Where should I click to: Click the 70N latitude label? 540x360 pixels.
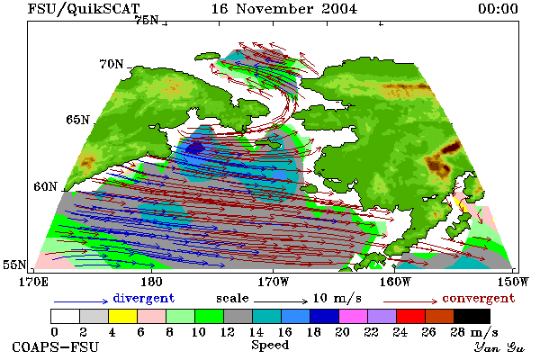(112, 64)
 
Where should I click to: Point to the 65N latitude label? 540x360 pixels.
(77, 120)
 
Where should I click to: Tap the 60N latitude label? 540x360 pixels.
(45, 186)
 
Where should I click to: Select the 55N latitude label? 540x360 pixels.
(14, 265)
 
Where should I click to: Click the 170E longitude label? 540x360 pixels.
(34, 282)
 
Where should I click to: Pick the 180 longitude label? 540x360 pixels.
(151, 282)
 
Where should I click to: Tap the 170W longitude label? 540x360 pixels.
(273, 282)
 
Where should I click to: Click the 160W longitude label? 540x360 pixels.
(395, 282)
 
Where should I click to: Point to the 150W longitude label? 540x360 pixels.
(513, 282)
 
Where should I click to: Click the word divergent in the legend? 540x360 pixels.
(144, 298)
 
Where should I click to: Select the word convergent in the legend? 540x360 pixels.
(479, 298)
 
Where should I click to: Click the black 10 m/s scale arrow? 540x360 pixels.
(281, 301)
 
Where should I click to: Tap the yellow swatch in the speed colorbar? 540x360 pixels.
(122, 316)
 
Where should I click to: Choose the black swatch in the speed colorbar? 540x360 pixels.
(472, 316)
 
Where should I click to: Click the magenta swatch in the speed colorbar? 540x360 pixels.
(354, 316)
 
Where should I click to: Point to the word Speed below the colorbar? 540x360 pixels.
(270, 345)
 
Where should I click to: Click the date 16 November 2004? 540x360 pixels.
(284, 9)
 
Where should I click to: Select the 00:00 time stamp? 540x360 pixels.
(498, 9)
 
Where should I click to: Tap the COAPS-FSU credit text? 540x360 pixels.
(56, 346)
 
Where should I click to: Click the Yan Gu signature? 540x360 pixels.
(499, 347)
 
